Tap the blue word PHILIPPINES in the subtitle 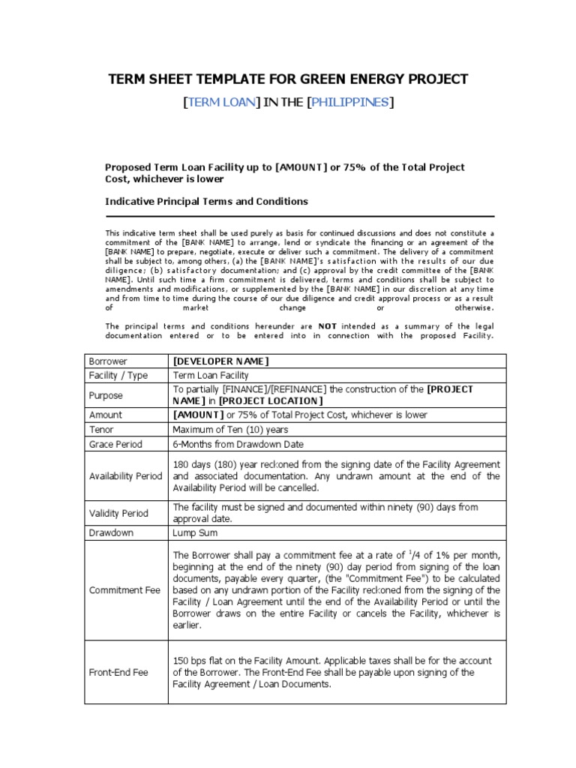pos(350,103)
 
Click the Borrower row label pos(108,361)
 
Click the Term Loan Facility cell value pos(211,375)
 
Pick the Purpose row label pos(106,395)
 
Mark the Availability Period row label pos(125,476)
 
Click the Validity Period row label pos(118,513)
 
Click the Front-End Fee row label pos(118,673)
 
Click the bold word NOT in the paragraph pos(327,326)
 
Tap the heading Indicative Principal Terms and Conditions pos(206,202)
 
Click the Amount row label pos(106,415)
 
